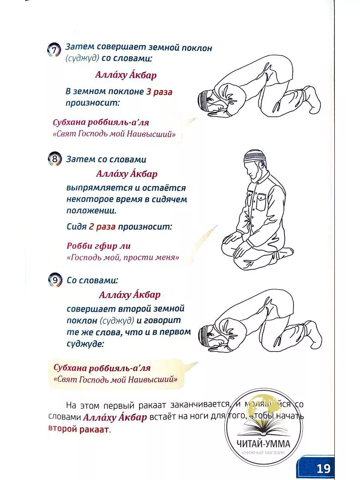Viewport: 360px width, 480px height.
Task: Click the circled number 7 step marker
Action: pyautogui.click(x=54, y=50)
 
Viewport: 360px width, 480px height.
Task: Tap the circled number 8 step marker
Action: pyautogui.click(x=55, y=158)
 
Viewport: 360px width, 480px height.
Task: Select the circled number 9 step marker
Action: pyautogui.click(x=55, y=280)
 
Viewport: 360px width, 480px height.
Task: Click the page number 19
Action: pyautogui.click(x=323, y=468)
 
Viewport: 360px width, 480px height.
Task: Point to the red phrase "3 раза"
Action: pyautogui.click(x=159, y=92)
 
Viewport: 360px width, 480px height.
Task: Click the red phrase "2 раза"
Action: pyautogui.click(x=102, y=227)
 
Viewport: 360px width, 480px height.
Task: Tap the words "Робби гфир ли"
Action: pyautogui.click(x=98, y=246)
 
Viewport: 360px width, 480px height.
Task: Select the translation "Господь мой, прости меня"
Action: pyautogui.click(x=123, y=258)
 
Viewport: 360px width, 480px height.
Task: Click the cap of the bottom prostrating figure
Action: pyautogui.click(x=204, y=334)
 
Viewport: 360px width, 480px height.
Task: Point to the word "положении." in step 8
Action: pyautogui.click(x=94, y=211)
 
